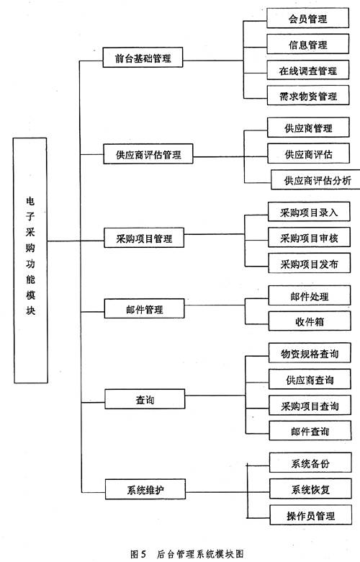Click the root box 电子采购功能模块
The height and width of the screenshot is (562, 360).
30,259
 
